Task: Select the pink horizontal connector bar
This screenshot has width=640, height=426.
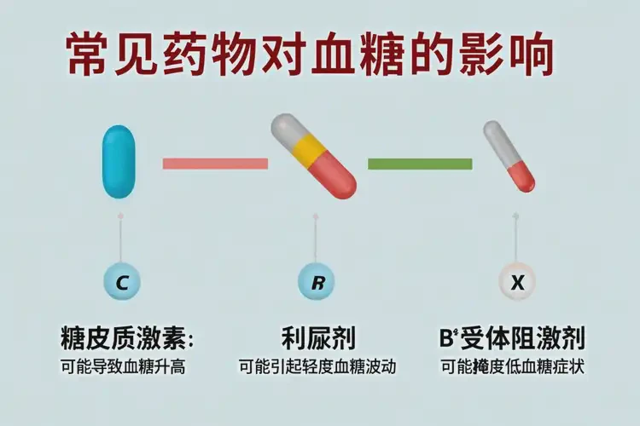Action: pos(215,163)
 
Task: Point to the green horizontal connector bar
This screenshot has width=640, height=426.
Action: pos(420,163)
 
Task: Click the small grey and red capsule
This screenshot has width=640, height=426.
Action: pos(509,156)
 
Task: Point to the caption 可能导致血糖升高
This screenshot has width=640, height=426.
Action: pos(123,367)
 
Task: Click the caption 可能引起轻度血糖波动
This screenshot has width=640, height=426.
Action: pos(318,367)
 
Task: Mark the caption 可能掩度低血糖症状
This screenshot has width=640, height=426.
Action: pos(513,367)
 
